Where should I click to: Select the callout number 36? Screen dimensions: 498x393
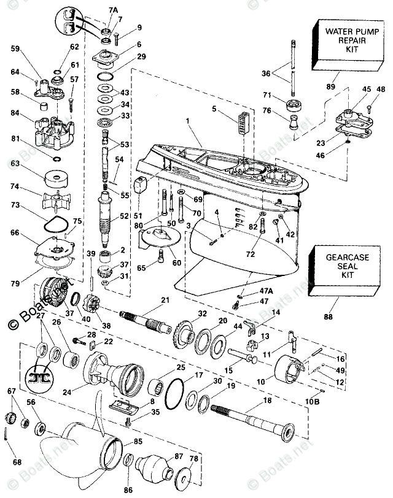coord(266,74)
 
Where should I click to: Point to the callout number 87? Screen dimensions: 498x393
coord(179,456)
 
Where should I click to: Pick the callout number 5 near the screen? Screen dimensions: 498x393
coord(214,109)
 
